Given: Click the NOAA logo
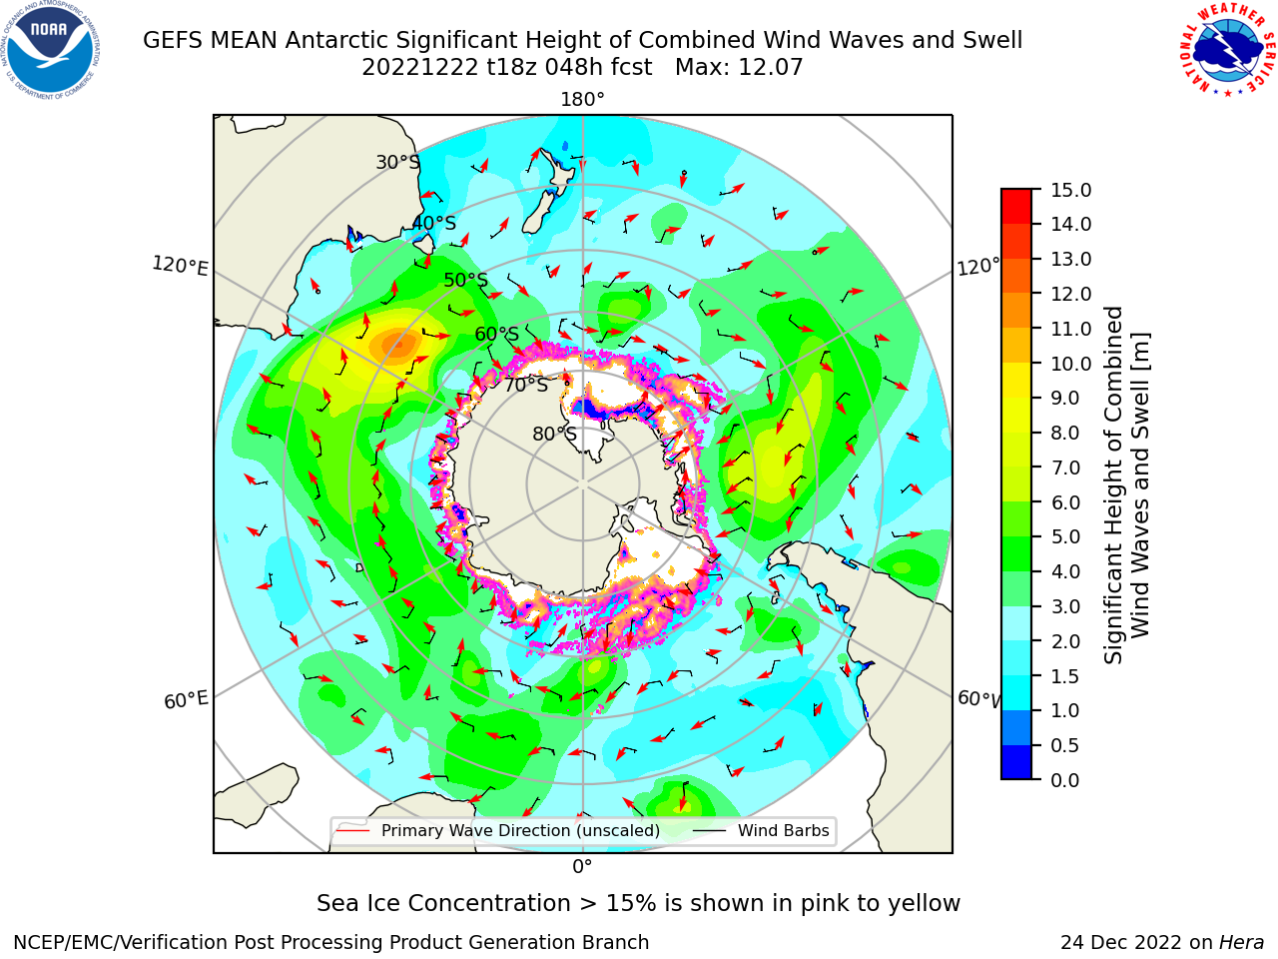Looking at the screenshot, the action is click(51, 50).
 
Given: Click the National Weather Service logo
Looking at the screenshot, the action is click(1227, 49).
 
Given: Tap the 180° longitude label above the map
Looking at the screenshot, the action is click(582, 100).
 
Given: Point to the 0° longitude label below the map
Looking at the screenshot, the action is click(582, 867).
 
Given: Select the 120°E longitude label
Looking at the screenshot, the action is click(180, 266).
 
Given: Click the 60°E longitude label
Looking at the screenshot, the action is click(186, 700).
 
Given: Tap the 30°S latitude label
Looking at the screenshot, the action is click(397, 162).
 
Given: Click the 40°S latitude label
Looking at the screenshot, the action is click(434, 223).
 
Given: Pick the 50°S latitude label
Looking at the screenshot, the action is click(466, 280).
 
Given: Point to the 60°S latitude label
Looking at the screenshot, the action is click(496, 334).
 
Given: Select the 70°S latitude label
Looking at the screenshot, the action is click(526, 385).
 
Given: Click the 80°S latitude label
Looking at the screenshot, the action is click(554, 434).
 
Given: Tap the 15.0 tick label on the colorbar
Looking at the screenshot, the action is click(1070, 190).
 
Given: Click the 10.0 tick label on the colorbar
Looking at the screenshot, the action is click(1070, 364).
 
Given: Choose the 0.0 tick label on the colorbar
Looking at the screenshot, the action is click(1065, 780).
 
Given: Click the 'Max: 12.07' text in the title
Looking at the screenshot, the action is click(739, 68).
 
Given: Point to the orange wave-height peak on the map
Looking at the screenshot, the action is click(396, 345).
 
